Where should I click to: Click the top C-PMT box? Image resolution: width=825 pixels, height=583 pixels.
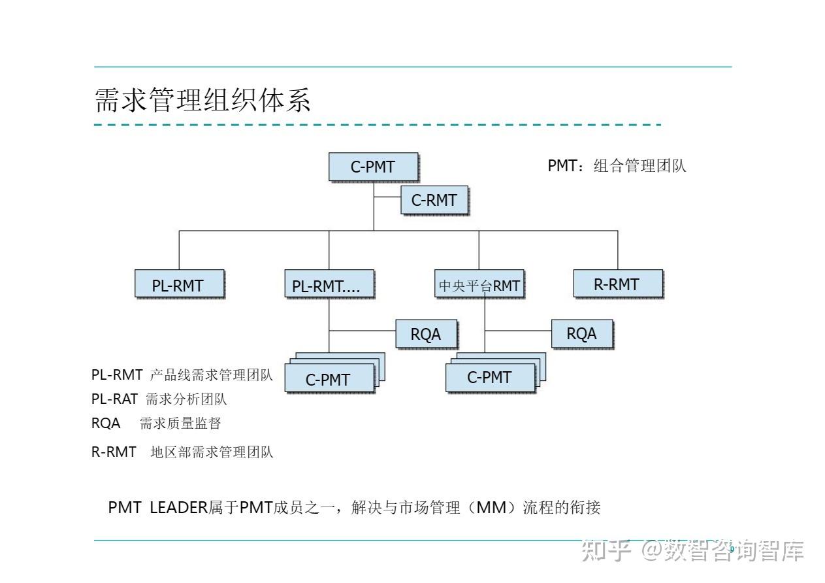tap(373, 167)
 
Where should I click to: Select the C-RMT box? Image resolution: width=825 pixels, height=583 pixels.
tap(434, 200)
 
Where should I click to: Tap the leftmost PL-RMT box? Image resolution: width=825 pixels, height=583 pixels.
tap(179, 284)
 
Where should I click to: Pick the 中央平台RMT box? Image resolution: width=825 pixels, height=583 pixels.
tap(479, 284)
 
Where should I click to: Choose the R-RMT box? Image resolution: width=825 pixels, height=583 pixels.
tap(617, 284)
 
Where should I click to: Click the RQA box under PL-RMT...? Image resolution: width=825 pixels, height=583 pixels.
tap(426, 334)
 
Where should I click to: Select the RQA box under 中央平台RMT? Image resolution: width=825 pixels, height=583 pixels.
tap(581, 333)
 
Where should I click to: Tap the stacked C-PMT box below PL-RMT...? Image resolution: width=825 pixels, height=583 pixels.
tap(329, 378)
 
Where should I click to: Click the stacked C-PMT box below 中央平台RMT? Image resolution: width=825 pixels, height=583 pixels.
tap(490, 377)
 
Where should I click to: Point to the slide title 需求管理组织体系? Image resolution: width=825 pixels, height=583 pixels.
tap(202, 101)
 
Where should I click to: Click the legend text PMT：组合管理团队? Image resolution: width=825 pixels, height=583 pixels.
tap(617, 165)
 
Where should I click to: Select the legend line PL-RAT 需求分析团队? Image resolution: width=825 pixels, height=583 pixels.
tap(159, 399)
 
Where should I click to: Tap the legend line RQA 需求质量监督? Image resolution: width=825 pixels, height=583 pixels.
tap(156, 424)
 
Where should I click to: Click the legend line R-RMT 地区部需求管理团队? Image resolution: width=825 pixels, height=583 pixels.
tap(182, 452)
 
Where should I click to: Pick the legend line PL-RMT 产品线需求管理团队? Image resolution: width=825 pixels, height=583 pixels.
tap(182, 375)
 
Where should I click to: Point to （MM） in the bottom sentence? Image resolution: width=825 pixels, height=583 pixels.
tap(487, 507)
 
